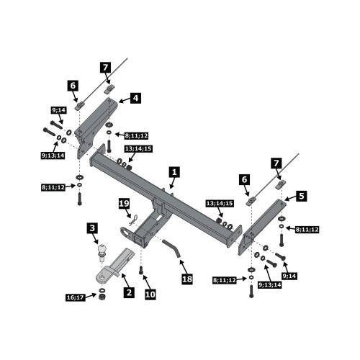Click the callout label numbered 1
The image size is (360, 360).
tap(174, 172)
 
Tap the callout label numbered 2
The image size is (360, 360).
tap(129, 292)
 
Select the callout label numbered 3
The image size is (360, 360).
tap(92, 228)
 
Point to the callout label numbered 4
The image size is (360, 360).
tap(135, 98)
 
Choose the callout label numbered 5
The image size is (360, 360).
tap(302, 196)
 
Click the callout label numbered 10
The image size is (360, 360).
tap(150, 294)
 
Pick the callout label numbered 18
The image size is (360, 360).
tap(187, 279)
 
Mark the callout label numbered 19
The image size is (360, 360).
tap(125, 204)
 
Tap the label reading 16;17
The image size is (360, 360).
tap(76, 297)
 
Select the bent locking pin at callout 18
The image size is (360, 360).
tap(172, 248)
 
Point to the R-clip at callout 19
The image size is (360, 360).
tap(133, 220)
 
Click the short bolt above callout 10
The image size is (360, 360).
tap(141, 270)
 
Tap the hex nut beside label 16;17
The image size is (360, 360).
tap(102, 297)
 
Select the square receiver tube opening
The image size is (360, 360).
tap(138, 240)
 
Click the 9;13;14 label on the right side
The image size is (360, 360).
tap(270, 285)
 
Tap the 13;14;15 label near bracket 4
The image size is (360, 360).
tap(138, 149)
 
